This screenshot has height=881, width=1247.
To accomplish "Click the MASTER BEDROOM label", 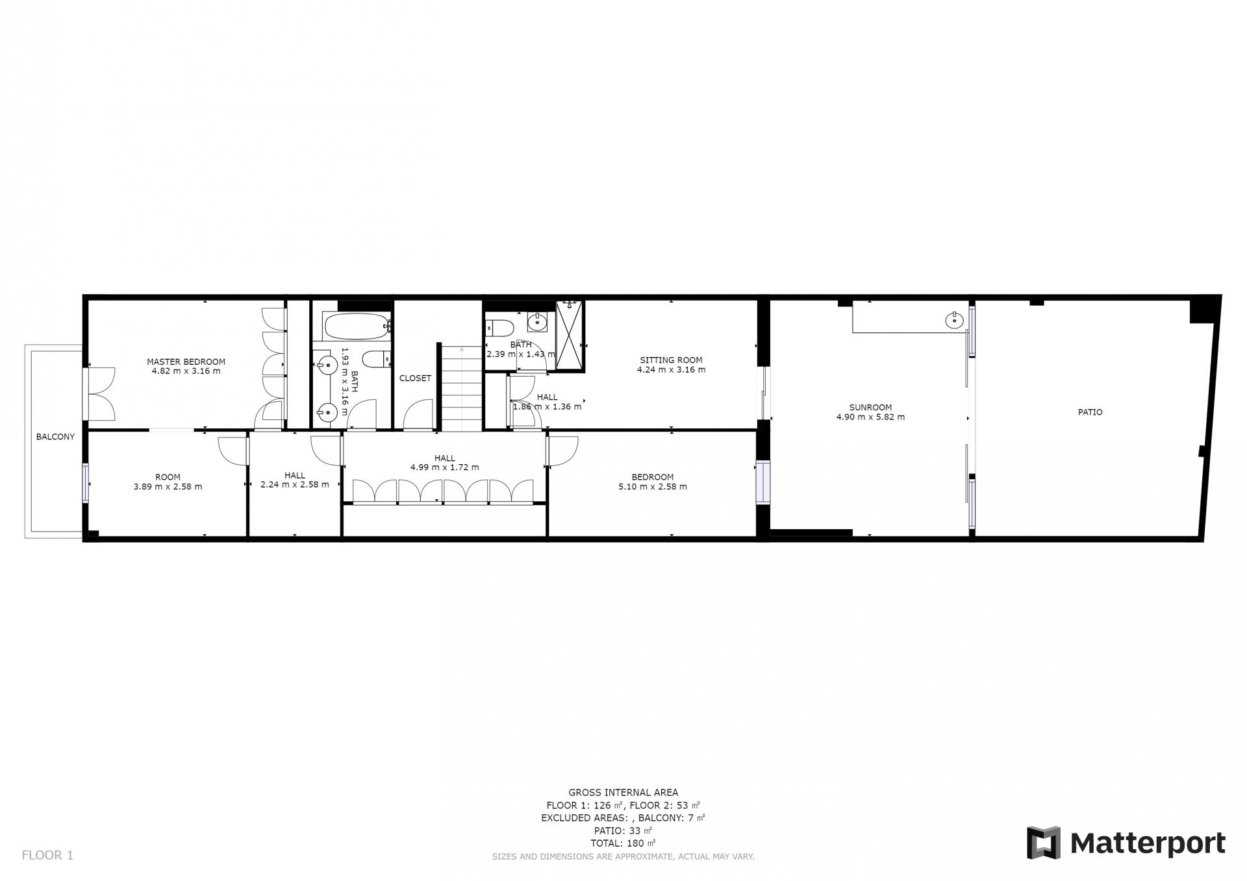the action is tap(186, 362).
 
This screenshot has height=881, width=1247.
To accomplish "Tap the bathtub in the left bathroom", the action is tap(357, 327).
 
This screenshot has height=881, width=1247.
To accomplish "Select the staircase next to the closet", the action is tap(462, 388).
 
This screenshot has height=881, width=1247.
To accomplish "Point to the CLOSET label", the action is tap(415, 378).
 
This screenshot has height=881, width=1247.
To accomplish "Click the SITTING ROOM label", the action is tap(671, 360).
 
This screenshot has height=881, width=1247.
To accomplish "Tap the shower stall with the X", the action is tap(570, 335).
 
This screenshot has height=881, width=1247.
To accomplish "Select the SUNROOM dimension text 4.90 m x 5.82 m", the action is tap(870, 417).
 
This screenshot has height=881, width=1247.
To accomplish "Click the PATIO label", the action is tap(1090, 412).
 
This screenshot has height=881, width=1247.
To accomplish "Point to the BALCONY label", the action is tap(55, 436).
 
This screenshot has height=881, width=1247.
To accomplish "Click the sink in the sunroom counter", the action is tap(954, 319).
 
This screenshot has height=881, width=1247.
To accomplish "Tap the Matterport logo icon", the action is tap(1043, 843).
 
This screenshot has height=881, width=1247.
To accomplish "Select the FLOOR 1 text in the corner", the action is tap(47, 855).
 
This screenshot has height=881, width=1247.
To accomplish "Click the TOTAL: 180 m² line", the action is tap(623, 843).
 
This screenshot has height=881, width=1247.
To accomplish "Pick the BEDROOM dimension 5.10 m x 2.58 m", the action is tap(653, 486).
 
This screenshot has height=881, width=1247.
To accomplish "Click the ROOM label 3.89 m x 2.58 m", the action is tap(168, 482).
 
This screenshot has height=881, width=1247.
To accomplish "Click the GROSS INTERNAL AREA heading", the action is tap(623, 792).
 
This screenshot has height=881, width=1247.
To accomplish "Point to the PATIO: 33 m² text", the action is tap(623, 830).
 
